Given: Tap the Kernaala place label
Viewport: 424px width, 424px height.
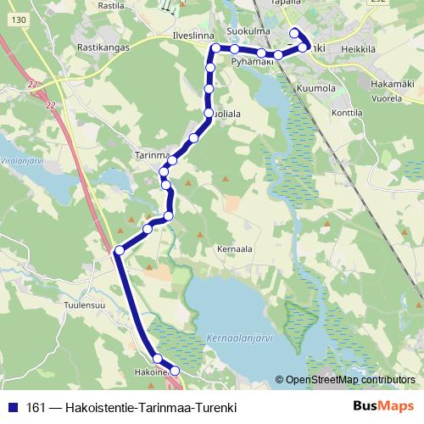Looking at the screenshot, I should click(x=236, y=251).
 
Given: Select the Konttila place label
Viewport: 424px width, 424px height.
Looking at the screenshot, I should click(x=347, y=111).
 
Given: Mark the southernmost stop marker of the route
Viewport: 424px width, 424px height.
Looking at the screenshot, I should click(x=176, y=371).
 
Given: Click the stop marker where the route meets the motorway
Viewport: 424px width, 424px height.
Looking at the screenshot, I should click(x=120, y=250).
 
